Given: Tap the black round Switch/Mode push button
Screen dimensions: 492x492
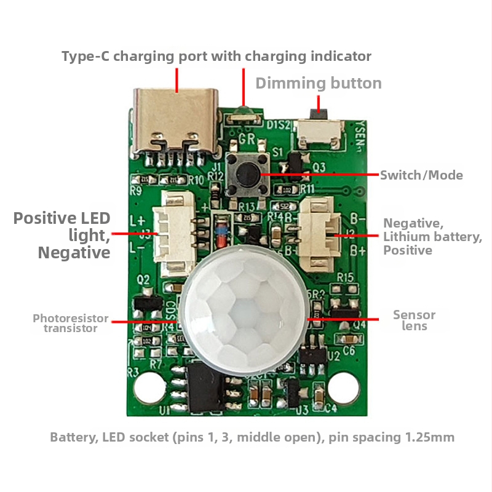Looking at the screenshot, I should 246,175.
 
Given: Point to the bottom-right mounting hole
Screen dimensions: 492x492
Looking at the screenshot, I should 343,387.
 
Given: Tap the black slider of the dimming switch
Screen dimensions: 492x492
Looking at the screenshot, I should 318,113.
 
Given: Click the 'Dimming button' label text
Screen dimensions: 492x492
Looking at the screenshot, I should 319,83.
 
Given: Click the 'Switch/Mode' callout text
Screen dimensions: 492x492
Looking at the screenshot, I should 421,175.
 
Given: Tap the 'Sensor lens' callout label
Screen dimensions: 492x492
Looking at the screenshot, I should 414,320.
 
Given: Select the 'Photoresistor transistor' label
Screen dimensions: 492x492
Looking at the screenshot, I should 70,323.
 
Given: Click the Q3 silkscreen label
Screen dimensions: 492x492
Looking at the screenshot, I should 319,167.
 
